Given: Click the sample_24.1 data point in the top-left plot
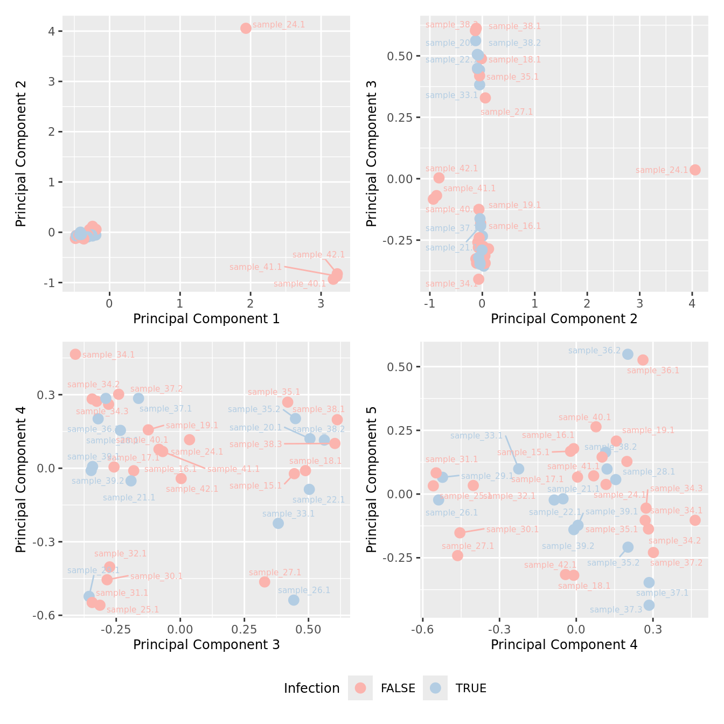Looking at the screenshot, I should [246, 28].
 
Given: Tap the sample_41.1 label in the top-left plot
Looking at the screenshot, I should [255, 267].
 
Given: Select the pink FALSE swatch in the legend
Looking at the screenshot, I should [360, 688].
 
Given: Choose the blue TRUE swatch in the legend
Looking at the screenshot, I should [435, 688].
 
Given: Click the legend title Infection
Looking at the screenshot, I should [311, 688].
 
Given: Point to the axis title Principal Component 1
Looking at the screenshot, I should [206, 319].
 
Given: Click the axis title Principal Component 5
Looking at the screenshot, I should [371, 479].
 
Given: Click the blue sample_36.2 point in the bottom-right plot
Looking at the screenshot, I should [628, 354].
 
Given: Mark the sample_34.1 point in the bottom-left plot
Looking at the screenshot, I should [75, 354].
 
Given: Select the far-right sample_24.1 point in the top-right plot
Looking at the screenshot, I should [695, 170].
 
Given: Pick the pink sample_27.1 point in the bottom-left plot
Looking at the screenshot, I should [264, 582].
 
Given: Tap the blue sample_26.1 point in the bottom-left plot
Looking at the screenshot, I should [294, 600].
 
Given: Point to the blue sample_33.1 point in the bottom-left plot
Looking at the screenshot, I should [278, 523].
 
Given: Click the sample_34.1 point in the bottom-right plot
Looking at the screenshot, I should [695, 520].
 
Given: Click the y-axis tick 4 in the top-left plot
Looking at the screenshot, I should [52, 31].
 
